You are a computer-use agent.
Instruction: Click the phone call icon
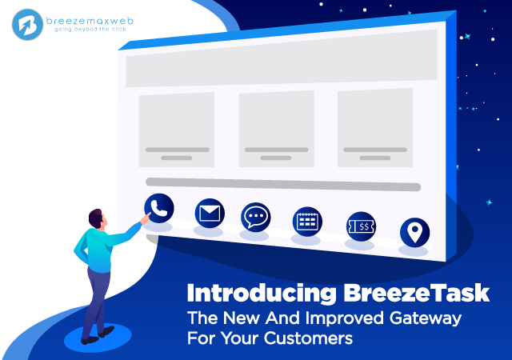[159, 209]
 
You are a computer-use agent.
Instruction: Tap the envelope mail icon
[210, 214]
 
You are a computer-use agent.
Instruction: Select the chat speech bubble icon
[256, 218]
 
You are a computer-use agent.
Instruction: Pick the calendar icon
[307, 222]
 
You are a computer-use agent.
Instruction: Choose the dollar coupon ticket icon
[361, 226]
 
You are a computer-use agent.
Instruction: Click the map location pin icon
[414, 232]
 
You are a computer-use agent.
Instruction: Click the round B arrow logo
[27, 25]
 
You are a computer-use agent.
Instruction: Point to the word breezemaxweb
[90, 21]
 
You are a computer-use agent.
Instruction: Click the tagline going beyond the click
[90, 30]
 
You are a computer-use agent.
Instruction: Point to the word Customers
[308, 338]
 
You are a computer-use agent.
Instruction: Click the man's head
[98, 219]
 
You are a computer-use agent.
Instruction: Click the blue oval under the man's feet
[98, 337]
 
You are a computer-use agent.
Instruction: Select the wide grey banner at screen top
[282, 58]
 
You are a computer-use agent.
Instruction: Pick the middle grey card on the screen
[277, 129]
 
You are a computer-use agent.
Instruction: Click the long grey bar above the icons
[283, 185]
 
